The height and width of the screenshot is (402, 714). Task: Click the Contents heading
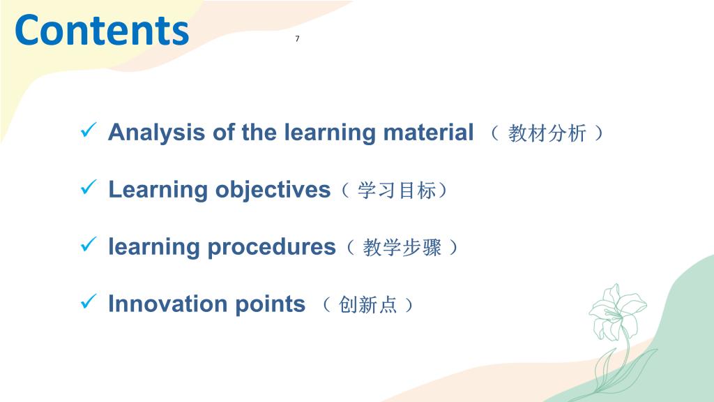[x=102, y=30]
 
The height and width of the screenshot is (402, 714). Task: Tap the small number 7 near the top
[x=297, y=39]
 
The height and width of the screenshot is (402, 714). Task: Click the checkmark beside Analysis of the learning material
[x=89, y=130]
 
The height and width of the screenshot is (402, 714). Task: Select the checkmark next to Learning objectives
[x=89, y=187]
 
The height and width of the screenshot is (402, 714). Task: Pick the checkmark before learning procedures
[x=89, y=244]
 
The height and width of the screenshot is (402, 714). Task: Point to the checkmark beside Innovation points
[x=89, y=301]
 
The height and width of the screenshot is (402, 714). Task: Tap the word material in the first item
[x=428, y=132]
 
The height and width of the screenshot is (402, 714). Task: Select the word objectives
[x=273, y=190]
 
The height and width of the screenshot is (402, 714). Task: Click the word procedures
[x=271, y=248]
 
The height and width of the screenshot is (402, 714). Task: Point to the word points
[x=270, y=304]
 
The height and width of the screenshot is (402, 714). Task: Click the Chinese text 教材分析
[x=547, y=133]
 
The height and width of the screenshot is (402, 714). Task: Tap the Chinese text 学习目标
[x=397, y=191]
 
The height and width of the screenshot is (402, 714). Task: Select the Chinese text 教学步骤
[x=402, y=248]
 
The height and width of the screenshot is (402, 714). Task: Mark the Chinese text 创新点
[x=368, y=304]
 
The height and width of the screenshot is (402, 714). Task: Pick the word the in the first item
[x=259, y=132]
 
